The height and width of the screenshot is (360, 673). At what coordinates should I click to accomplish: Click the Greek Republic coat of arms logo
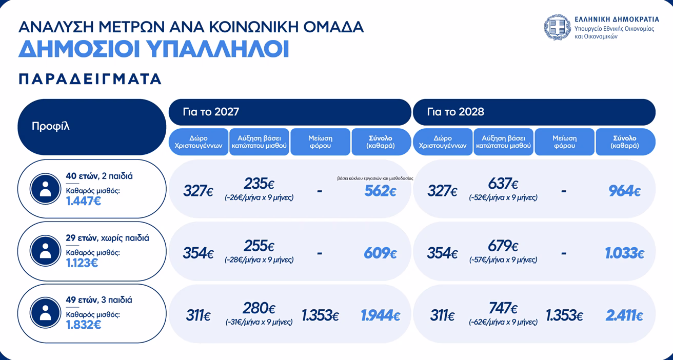557,27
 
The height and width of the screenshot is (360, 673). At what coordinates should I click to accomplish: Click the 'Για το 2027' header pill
290,112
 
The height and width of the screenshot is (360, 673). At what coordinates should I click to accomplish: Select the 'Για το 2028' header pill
534,112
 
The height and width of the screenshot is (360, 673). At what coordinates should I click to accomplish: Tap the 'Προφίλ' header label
50,126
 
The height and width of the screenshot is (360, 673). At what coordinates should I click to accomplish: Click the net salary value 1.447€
84,201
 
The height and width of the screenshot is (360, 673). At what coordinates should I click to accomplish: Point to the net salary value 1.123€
82,263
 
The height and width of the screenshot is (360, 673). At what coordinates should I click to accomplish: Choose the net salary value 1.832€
84,325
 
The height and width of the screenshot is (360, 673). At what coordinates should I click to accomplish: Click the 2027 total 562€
381,191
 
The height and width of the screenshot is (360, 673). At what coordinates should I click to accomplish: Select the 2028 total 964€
625,191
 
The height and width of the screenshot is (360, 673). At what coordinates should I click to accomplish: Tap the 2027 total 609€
381,253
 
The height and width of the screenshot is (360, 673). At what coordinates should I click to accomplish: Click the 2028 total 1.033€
625,253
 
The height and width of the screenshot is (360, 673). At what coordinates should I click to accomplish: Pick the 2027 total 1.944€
381,315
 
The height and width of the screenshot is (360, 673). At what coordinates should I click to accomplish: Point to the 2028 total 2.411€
624,315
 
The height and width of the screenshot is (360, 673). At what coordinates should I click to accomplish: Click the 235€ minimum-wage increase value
259,184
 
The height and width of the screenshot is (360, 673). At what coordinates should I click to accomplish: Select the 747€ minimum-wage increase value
503,308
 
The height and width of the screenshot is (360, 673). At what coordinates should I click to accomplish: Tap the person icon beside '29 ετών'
45,251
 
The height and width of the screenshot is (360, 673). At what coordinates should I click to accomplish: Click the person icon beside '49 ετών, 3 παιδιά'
45,312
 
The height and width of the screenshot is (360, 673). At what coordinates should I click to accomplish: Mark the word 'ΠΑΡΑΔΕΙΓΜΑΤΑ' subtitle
90,79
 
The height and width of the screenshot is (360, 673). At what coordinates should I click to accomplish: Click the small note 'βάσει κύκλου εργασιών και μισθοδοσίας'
375,178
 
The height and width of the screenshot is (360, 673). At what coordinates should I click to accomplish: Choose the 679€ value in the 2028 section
503,246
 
